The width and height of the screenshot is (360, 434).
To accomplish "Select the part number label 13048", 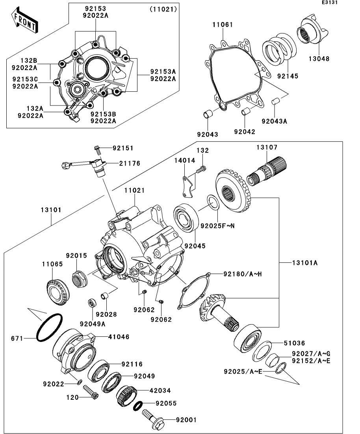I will coord(319,59).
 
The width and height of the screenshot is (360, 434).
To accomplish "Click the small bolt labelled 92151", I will coord(98,149).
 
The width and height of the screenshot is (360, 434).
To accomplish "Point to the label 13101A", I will coord(304,262).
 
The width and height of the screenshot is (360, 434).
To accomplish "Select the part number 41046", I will coord(119,337).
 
